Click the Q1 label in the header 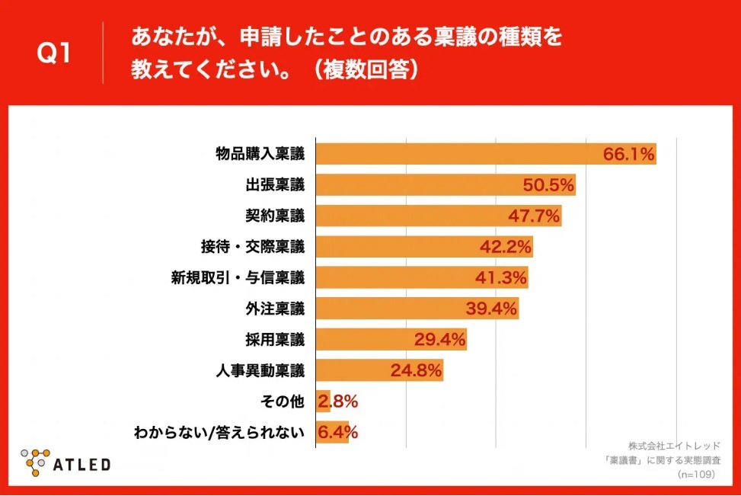53,53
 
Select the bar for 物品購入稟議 487,154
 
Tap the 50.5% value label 548,185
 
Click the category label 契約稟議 275,216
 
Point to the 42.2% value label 506,247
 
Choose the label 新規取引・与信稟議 238,277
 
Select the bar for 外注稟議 417,309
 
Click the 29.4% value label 440,340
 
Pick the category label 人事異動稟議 260,370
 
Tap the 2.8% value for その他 338,402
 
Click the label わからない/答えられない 219,432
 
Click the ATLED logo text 81,465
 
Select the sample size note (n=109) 696,474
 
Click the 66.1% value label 629,154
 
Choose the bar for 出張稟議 446,185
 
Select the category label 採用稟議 275,340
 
